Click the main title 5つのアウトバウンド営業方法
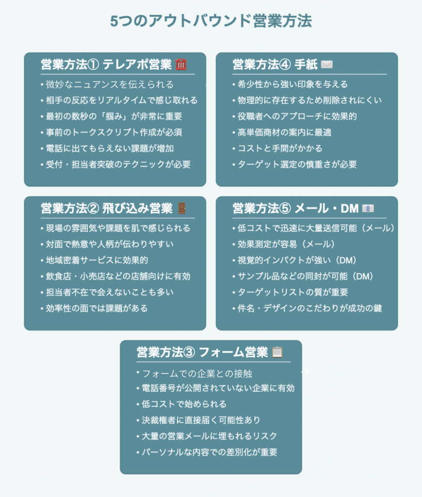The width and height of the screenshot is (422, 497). coord(211,21)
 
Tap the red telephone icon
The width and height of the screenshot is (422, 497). coord(181,65)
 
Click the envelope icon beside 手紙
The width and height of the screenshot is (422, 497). coord(326,65)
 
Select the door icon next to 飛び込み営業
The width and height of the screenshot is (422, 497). coord(182,208)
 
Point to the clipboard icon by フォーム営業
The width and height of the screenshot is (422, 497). coord(277,352)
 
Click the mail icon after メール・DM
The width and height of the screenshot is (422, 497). coord(368,208)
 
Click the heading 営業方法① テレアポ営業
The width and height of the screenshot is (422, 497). coord(106,65)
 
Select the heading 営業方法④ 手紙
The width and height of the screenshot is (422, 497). coord(275,65)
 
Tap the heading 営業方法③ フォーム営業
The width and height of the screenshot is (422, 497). coord(202,352)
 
